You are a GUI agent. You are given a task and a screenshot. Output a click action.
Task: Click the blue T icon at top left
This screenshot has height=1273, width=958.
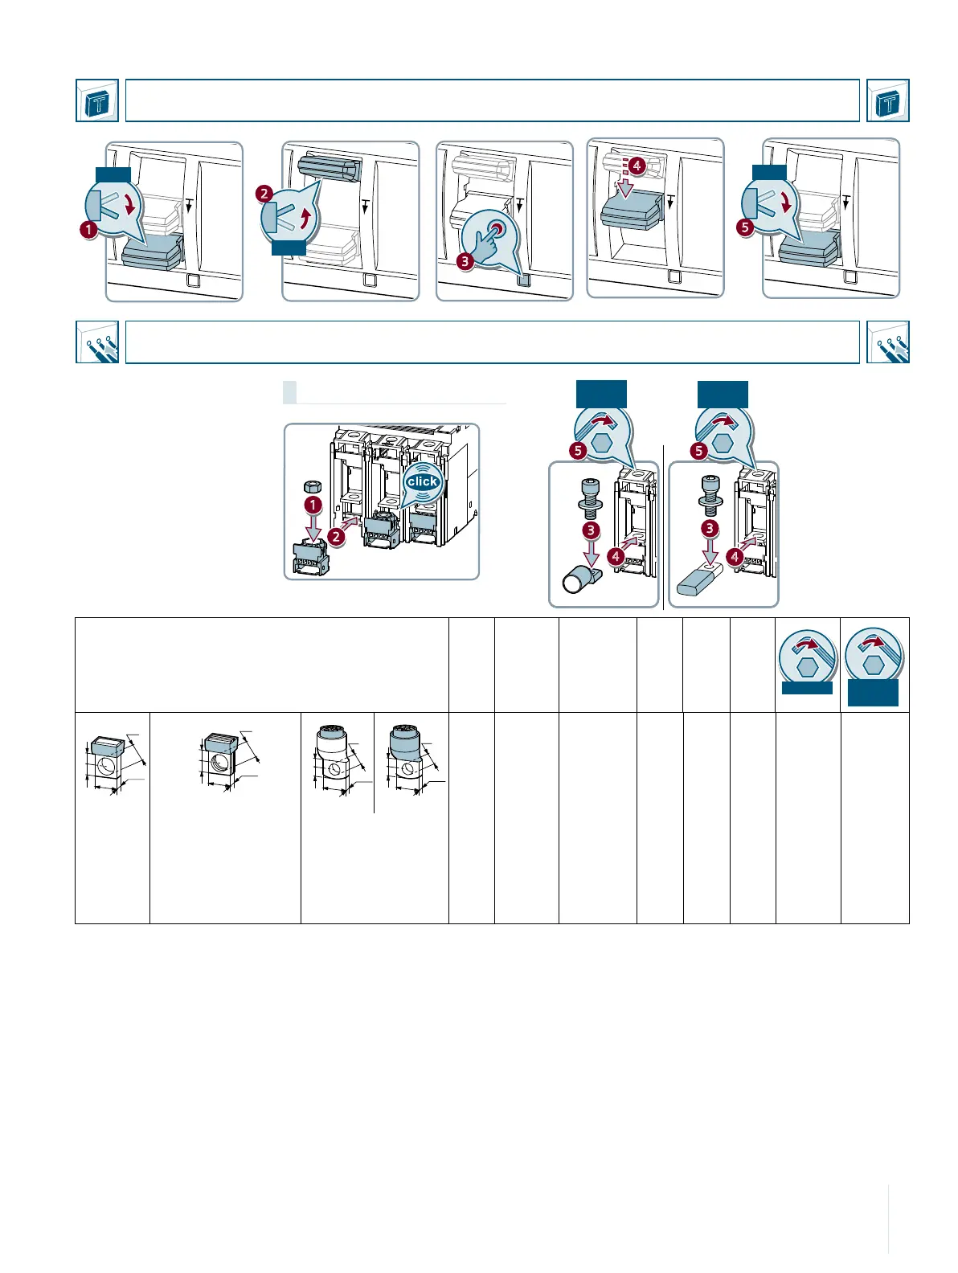tap(97, 100)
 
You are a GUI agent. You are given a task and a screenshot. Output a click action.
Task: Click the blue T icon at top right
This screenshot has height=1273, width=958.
tap(888, 100)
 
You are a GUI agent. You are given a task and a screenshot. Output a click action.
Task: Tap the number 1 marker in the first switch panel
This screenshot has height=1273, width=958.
tap(88, 229)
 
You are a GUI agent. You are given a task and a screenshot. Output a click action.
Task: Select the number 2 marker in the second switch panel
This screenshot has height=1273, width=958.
tap(264, 194)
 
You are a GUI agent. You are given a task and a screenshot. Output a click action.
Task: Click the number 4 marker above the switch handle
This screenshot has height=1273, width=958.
tap(636, 166)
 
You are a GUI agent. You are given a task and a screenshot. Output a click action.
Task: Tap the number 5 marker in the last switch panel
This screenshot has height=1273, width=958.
tap(745, 227)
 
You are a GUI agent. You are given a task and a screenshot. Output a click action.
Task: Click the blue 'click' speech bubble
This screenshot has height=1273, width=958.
tap(422, 481)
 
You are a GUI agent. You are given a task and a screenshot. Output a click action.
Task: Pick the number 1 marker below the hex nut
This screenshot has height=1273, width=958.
tap(313, 506)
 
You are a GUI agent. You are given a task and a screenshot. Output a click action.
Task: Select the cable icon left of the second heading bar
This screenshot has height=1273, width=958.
tap(97, 342)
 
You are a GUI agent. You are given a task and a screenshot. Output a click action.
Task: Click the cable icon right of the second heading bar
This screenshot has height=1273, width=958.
tap(888, 342)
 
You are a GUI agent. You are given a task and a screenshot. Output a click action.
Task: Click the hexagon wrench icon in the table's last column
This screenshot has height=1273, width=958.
tap(874, 660)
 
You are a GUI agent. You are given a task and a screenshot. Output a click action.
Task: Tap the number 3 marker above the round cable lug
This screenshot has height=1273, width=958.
tap(591, 530)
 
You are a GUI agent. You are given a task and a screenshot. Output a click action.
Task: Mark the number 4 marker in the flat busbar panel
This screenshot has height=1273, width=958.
tap(735, 556)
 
